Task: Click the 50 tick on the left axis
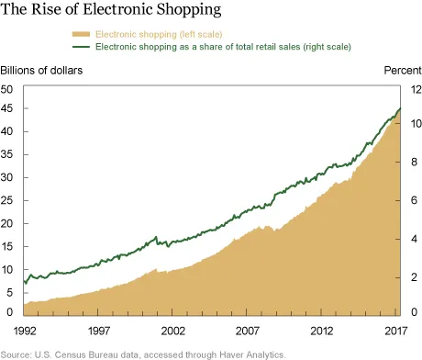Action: [x=7, y=89]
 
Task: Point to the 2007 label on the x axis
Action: [x=248, y=330]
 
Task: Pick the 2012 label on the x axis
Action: [x=322, y=330]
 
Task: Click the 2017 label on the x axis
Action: [x=396, y=330]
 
